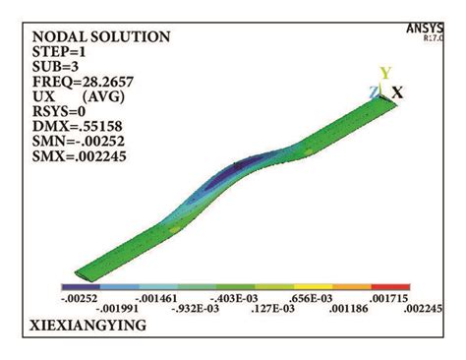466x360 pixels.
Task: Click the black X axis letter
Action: point(398,91)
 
